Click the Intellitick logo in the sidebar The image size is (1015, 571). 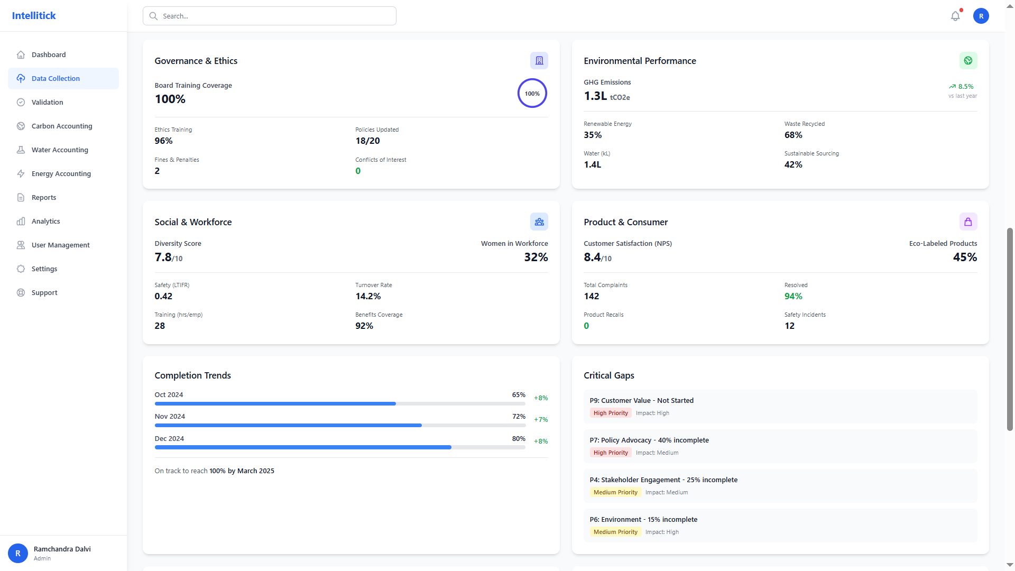click(x=34, y=16)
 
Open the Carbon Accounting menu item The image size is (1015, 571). click(x=62, y=126)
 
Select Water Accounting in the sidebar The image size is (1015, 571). click(x=60, y=150)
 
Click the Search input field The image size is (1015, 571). click(x=270, y=16)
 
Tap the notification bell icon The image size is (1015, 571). click(x=955, y=16)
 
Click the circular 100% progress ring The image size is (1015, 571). click(x=532, y=94)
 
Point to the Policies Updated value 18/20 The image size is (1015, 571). click(x=367, y=141)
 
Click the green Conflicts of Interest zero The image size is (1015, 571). click(x=358, y=171)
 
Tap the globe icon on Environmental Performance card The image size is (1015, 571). click(x=968, y=61)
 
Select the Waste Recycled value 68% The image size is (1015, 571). click(x=793, y=135)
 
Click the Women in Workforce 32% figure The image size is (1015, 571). click(x=536, y=257)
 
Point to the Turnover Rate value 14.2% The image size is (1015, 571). click(x=368, y=296)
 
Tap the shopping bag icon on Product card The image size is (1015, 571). click(x=968, y=222)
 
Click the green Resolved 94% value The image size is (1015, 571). click(x=793, y=296)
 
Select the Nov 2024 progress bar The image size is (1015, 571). click(x=339, y=425)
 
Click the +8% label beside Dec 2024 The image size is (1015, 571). click(x=540, y=441)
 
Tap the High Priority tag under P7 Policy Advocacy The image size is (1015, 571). click(x=610, y=453)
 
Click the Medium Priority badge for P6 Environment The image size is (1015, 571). click(x=615, y=532)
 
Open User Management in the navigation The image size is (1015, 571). click(x=60, y=245)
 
